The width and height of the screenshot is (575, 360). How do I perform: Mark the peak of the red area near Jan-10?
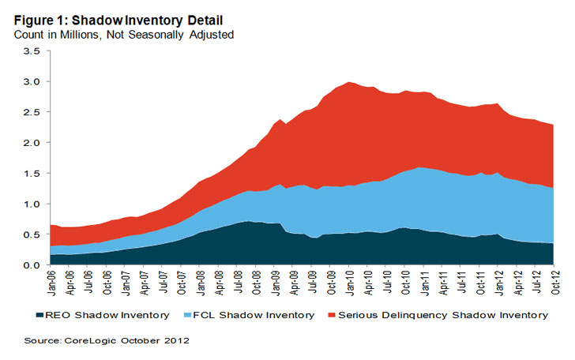click(x=348, y=82)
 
